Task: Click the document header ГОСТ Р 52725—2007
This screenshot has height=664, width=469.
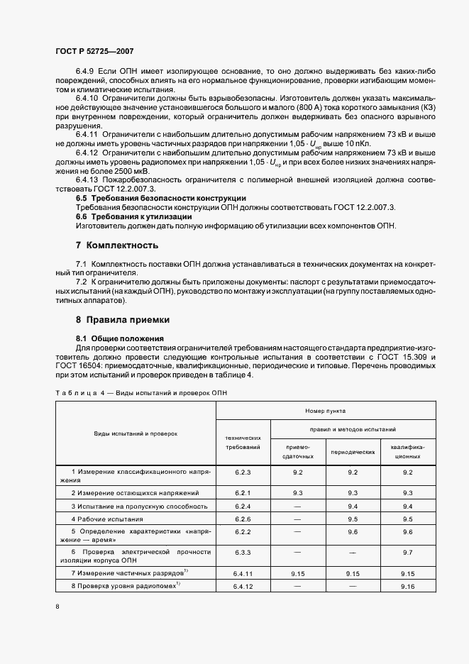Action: (94, 52)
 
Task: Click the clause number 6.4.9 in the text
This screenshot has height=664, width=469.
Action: (87, 72)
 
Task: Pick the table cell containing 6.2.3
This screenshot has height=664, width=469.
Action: (243, 471)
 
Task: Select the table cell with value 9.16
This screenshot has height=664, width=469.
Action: (407, 587)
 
